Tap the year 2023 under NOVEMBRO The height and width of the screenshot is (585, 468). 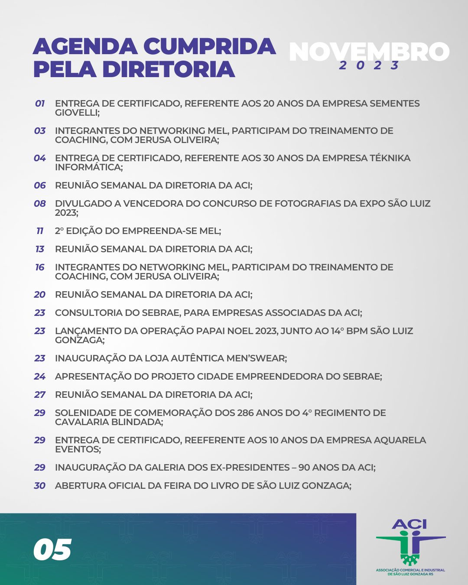tap(369, 65)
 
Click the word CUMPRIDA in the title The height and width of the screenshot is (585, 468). tap(209, 46)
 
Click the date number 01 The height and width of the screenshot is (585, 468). tap(40, 104)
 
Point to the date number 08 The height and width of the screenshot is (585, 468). tap(40, 204)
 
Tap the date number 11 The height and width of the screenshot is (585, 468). tap(40, 231)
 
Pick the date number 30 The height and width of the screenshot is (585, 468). tap(40, 486)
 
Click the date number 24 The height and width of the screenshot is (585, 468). tap(40, 377)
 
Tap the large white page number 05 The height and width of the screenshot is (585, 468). tap(52, 550)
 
